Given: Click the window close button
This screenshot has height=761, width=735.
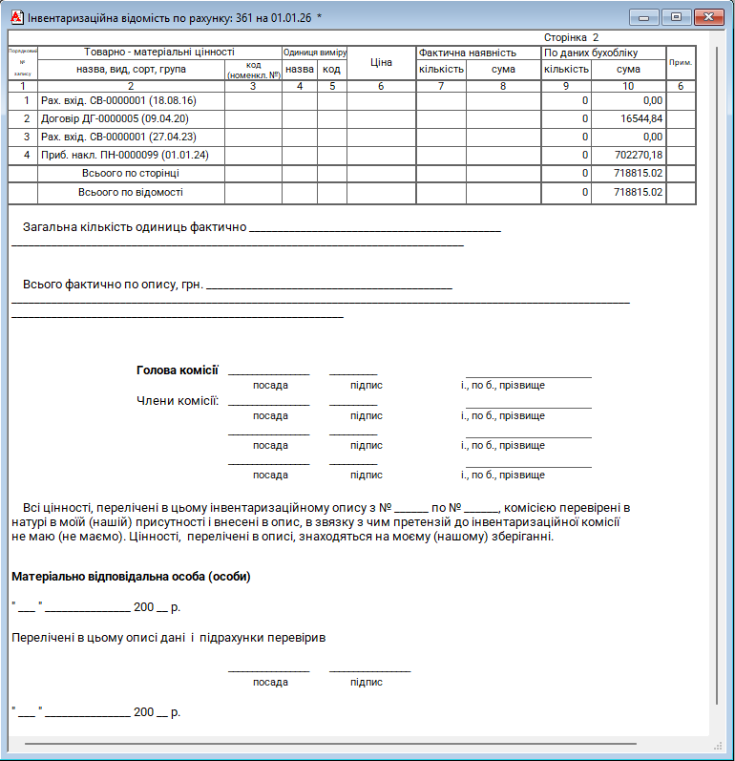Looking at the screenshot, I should click(x=707, y=17).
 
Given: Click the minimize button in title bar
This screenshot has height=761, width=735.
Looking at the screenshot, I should click(x=646, y=17).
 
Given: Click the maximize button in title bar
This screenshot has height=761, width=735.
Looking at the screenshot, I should click(x=676, y=17).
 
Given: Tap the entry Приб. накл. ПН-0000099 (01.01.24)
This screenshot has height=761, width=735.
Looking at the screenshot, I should click(x=118, y=155).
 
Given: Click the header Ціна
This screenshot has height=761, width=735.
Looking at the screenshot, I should click(x=381, y=61).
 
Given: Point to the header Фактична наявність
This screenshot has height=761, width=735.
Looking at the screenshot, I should click(x=468, y=53).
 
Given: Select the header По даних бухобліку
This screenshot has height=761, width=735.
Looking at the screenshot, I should click(x=591, y=53).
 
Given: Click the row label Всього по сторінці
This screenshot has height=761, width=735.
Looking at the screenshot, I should click(x=131, y=173).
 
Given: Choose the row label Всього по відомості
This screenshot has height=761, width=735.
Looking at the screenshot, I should click(x=131, y=192).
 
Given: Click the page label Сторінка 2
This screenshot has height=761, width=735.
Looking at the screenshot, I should click(x=571, y=37).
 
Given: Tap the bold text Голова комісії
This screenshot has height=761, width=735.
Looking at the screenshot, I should click(x=178, y=370).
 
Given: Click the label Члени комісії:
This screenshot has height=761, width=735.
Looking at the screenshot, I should click(x=178, y=400).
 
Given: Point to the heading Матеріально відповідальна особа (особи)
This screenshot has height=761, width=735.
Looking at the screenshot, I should click(x=131, y=577).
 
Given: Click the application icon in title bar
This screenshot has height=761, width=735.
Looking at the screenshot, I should click(x=15, y=17).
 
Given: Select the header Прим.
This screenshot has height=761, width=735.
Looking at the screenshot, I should click(x=681, y=61).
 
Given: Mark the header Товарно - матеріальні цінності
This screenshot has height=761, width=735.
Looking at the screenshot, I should click(x=158, y=53).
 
